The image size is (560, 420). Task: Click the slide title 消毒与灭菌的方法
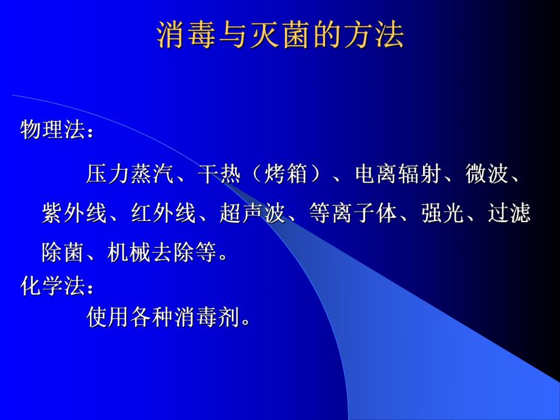281,36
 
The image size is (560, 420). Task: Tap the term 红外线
164,214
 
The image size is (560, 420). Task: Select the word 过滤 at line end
509,214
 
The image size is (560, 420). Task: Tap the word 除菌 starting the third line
64,252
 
